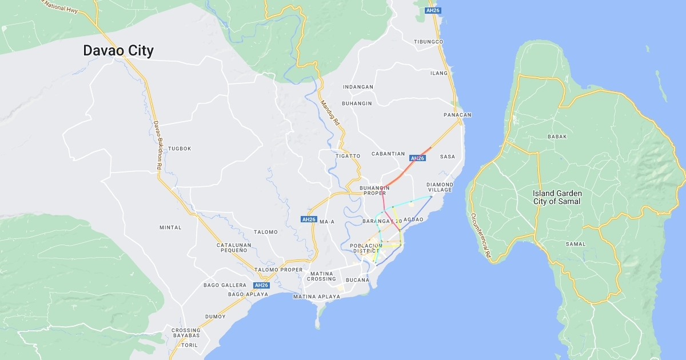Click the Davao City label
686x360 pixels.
(118, 51)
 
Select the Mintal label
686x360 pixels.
(170, 227)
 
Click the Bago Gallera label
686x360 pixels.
(225, 285)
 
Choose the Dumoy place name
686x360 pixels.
(216, 317)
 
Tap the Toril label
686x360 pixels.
(189, 345)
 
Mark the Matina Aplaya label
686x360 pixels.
(316, 297)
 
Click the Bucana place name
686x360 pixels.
(357, 280)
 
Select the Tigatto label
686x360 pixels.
(348, 156)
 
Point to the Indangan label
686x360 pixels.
(358, 87)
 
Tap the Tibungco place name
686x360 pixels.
(429, 42)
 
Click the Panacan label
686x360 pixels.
(457, 115)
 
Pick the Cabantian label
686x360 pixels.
(388, 154)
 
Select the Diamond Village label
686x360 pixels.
(440, 187)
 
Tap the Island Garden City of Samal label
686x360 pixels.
(556, 197)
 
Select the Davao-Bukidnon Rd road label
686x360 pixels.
(157, 145)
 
